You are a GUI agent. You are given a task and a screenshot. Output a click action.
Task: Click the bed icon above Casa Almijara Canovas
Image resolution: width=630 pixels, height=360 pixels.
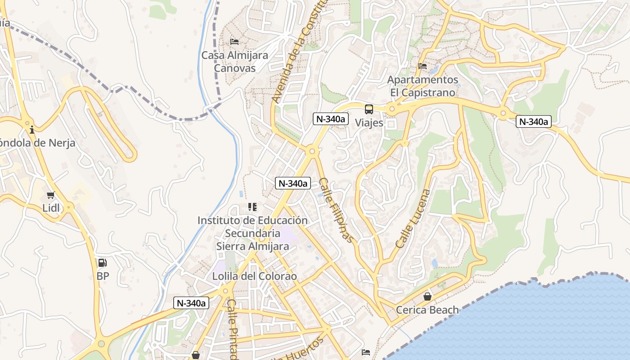234,42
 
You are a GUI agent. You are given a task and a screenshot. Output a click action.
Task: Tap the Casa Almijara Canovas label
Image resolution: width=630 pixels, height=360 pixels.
234,62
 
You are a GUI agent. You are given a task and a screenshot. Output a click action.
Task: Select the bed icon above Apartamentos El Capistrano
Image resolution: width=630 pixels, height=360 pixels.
422,66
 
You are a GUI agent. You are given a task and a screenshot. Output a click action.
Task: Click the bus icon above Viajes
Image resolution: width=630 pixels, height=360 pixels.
369,109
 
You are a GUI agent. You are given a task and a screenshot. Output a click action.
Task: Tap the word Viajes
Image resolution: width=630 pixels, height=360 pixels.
369,122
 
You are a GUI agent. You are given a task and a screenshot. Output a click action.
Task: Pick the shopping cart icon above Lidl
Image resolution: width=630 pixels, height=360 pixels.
50,195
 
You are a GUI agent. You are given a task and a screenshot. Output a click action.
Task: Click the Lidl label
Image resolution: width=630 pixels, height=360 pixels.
50,208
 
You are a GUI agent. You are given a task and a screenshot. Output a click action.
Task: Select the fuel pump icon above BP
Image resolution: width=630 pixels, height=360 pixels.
103,263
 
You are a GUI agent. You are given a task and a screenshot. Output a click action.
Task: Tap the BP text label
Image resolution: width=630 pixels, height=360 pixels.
103,276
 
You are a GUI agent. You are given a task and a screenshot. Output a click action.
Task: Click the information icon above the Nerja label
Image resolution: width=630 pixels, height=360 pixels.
31,130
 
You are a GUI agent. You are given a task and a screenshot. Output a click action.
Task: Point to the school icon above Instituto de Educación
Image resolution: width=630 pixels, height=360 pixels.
252,207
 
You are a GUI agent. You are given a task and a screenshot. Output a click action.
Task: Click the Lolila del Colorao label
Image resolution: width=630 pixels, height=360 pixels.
255,276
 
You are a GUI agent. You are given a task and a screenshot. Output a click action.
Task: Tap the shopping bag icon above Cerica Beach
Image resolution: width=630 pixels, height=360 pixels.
427,297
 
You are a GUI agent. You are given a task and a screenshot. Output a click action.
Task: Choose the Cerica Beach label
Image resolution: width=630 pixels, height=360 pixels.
427,310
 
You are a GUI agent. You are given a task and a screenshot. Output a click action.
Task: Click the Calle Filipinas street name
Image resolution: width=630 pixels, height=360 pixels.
336,210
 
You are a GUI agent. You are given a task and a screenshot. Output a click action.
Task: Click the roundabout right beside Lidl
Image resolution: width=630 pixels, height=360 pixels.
69,207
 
